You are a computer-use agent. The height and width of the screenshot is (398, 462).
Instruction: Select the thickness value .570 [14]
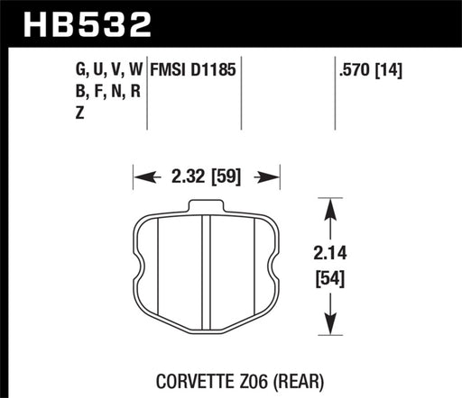click(369, 68)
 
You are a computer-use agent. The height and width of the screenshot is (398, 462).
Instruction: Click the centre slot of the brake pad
click(206, 270)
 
